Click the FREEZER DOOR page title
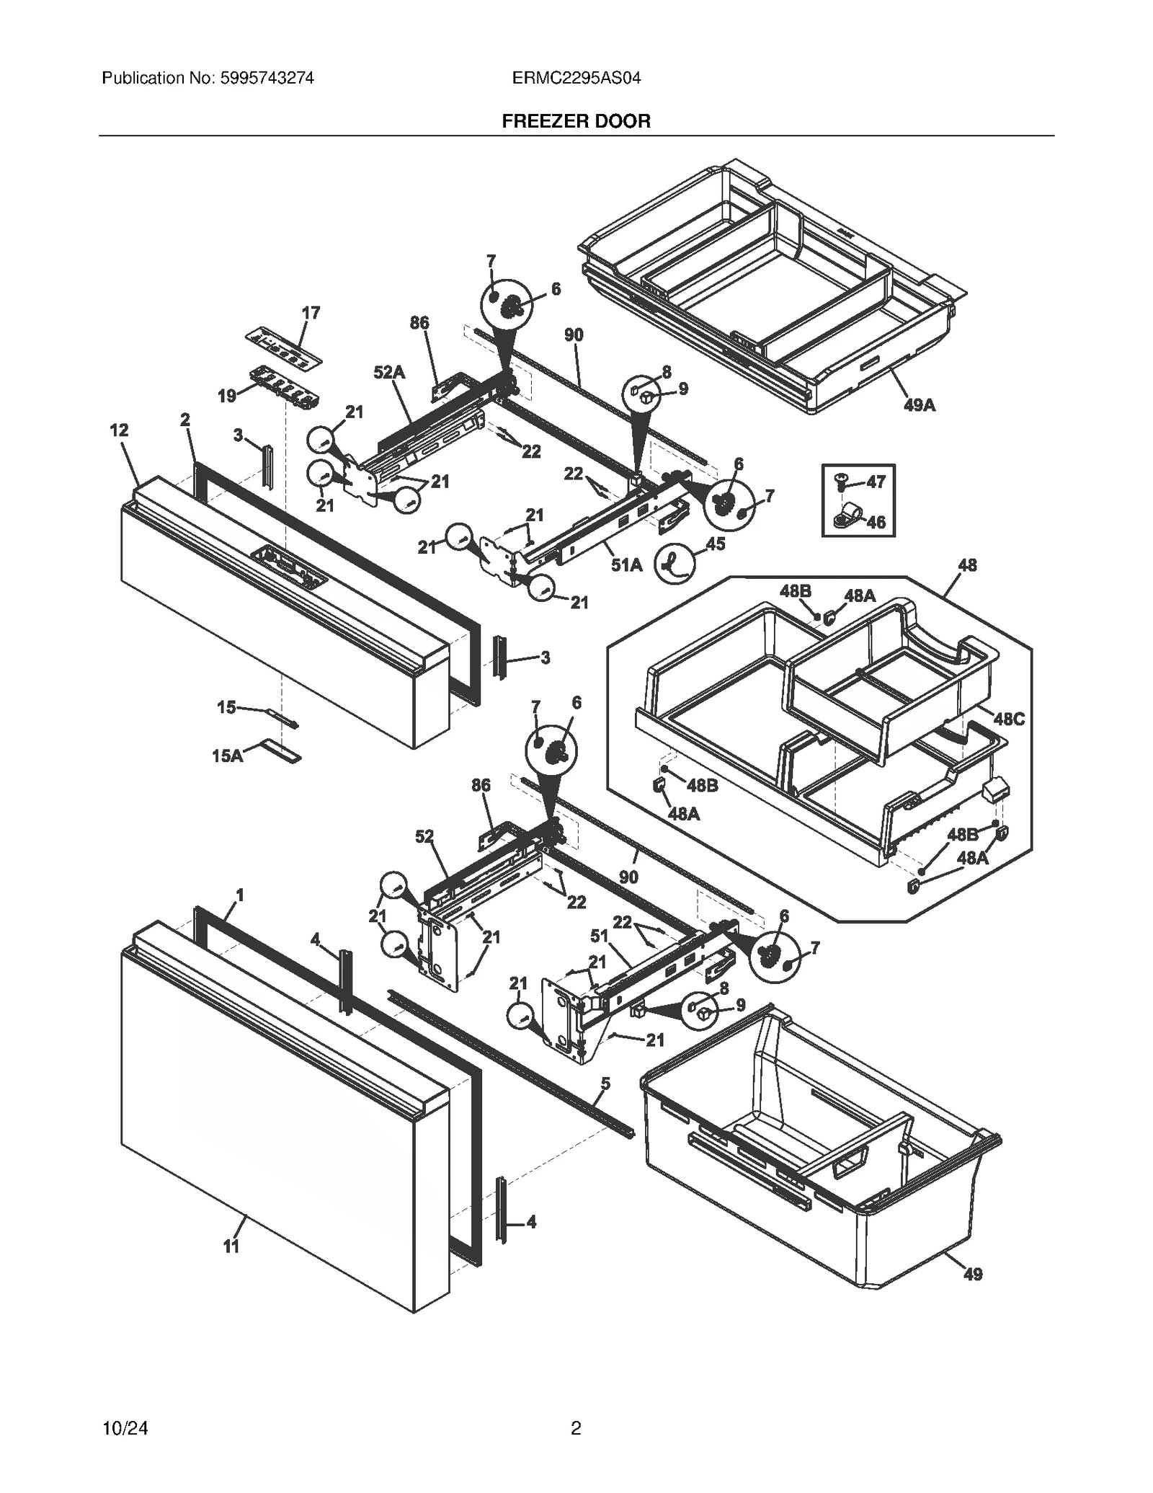click(x=576, y=121)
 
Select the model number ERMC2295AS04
click(x=576, y=78)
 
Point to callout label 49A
click(x=920, y=405)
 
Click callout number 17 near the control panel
click(x=311, y=313)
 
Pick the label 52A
click(x=389, y=373)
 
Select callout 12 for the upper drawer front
click(x=119, y=430)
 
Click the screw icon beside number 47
click(x=840, y=480)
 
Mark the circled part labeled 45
click(x=675, y=562)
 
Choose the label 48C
click(x=1008, y=719)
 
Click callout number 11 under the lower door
click(x=231, y=1246)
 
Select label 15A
click(x=228, y=756)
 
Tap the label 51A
click(x=626, y=565)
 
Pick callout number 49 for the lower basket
click(x=973, y=1274)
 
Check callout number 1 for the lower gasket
click(x=240, y=895)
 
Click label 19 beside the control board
click(x=227, y=396)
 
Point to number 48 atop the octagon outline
click(x=967, y=565)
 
